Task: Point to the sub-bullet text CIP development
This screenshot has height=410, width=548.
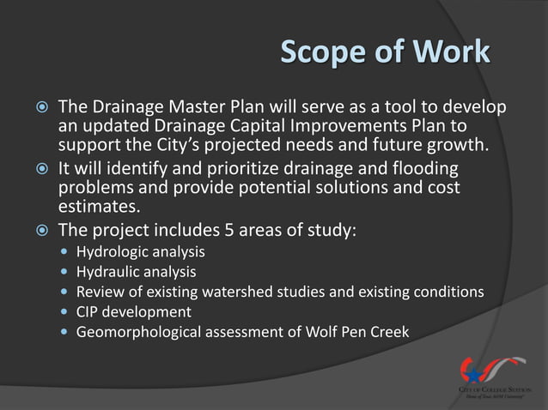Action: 133,311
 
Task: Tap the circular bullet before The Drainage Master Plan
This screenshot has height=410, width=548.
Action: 31,109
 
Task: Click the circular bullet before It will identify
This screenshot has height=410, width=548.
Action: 31,169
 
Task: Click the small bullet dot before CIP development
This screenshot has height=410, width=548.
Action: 66,312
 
